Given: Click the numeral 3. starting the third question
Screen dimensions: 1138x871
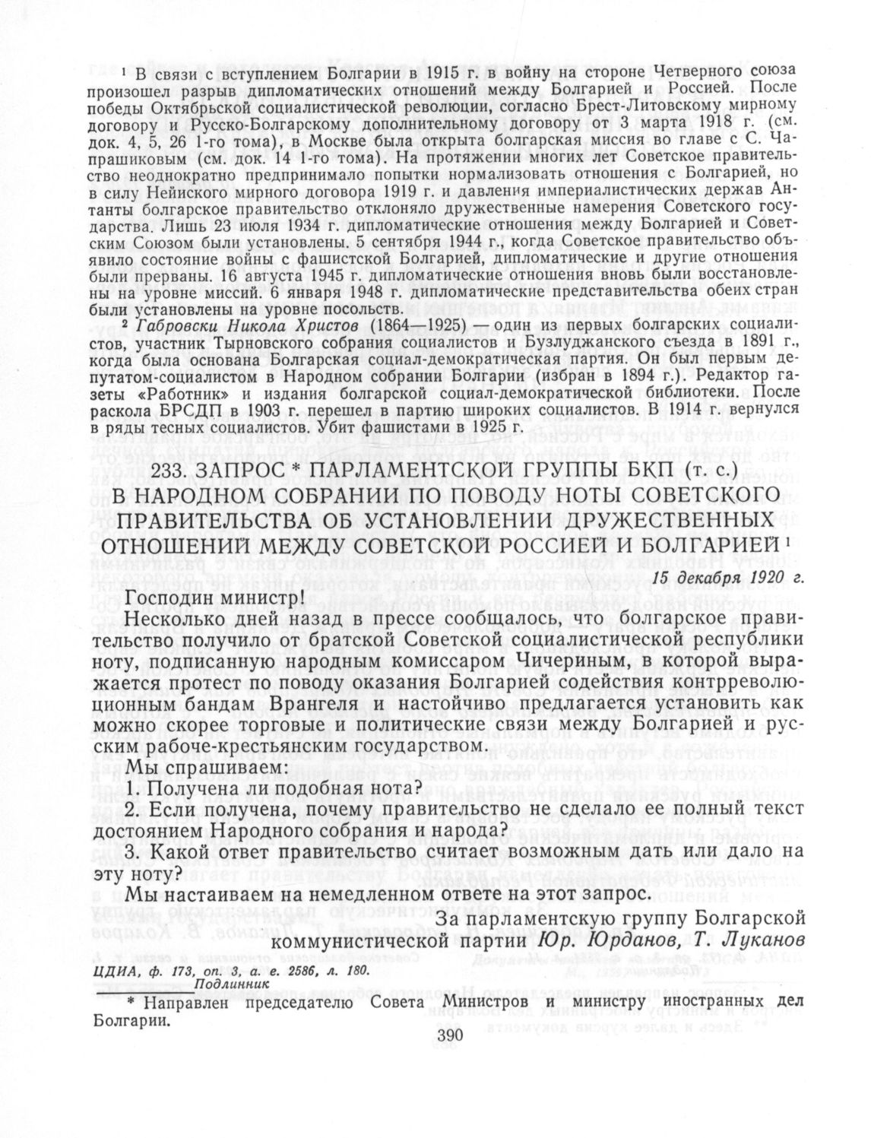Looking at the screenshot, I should pyautogui.click(x=132, y=851).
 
